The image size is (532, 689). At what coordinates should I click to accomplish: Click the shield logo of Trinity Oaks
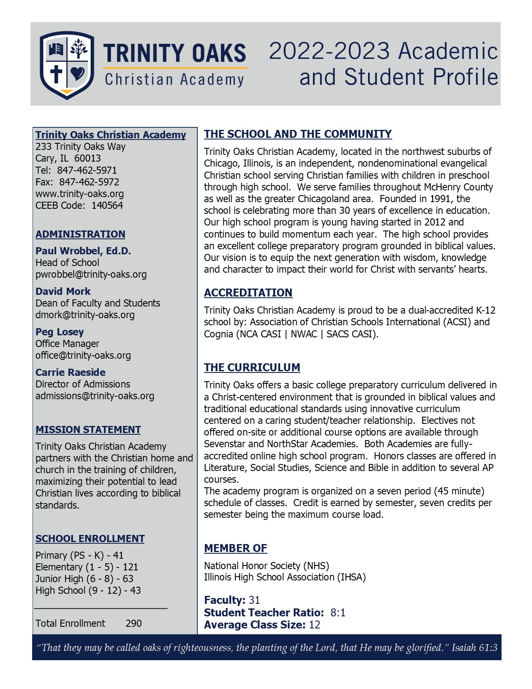click(67, 65)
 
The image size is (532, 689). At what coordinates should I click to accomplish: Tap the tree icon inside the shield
click(78, 49)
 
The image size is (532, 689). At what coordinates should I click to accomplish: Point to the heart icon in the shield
click(78, 74)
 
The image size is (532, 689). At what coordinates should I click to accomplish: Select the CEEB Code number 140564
click(107, 205)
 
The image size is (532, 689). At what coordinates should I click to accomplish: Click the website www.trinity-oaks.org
click(80, 194)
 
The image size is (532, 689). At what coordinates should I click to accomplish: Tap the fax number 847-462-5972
click(89, 182)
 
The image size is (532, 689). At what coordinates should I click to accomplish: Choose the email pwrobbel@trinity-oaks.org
click(91, 274)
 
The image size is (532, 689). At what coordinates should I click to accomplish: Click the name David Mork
click(63, 291)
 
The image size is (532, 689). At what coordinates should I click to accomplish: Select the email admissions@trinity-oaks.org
click(95, 396)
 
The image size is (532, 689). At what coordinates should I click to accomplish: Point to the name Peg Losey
click(60, 332)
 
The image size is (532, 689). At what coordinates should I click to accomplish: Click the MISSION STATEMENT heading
click(88, 430)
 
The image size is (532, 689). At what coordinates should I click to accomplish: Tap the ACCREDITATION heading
click(248, 293)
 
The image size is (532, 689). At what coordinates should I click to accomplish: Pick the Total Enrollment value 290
click(134, 623)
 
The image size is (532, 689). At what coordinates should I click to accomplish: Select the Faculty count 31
click(254, 600)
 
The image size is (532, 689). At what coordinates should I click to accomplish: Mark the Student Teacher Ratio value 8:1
click(338, 613)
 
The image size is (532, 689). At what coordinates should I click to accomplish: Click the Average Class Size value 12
click(315, 625)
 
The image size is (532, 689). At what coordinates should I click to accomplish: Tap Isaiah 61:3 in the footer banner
click(474, 648)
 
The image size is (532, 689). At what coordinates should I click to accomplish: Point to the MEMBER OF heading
click(236, 548)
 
